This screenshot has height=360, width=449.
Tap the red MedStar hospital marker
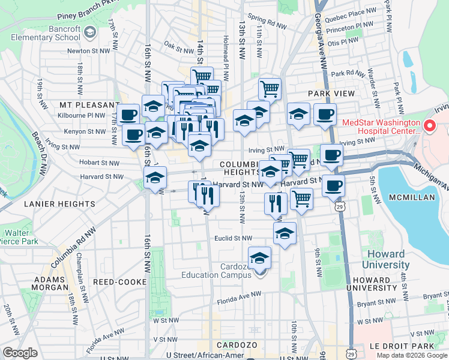(429, 127)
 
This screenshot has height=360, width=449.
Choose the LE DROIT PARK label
(412, 346)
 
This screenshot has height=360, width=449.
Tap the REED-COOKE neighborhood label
(121, 281)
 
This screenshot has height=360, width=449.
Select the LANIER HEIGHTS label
(59, 204)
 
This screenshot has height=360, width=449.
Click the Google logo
(20, 353)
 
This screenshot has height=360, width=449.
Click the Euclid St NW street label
(234, 238)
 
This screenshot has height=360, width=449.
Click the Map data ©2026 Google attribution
(412, 355)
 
